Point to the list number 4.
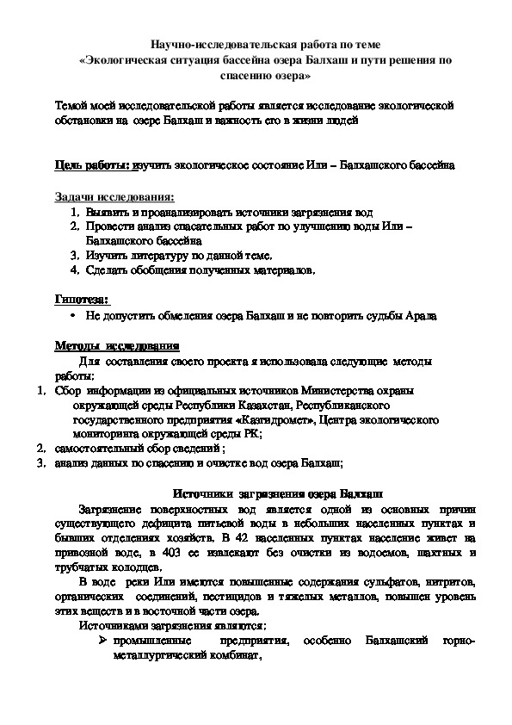pos(74,270)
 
